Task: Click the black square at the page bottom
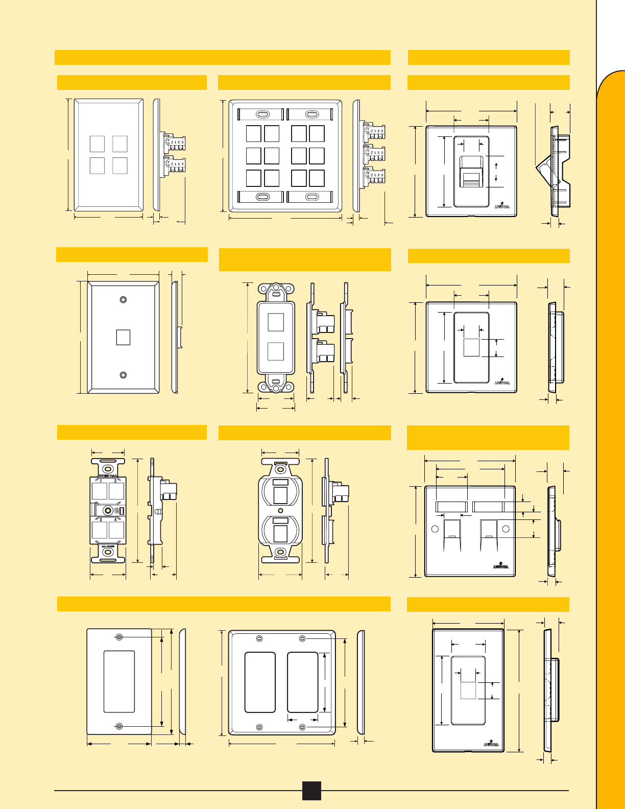tap(311, 790)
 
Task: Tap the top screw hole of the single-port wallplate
tap(123, 300)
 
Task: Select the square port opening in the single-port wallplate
tap(123, 337)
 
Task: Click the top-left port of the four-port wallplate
tap(98, 144)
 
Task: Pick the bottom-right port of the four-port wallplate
tap(120, 165)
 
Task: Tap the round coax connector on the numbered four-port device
tap(108, 510)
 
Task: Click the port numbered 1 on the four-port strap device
tap(100, 491)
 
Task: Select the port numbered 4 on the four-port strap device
tap(117, 530)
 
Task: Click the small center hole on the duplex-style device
tap(280, 510)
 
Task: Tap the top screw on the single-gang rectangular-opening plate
tap(119, 637)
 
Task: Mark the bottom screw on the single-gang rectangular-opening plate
tap(119, 726)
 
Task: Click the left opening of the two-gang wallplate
tap(260, 682)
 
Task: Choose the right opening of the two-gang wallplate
tap(303, 682)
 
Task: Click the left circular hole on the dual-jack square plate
tap(436, 529)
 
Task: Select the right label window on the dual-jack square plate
tap(488, 507)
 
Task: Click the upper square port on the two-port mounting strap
tap(276, 322)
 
